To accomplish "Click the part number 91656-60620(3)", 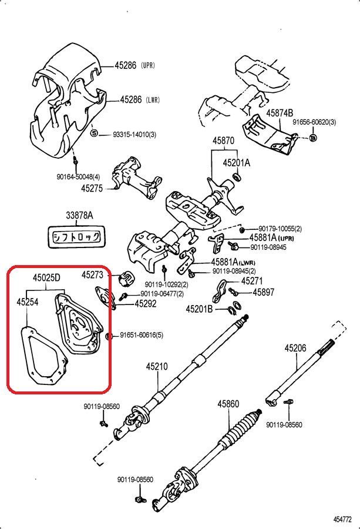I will pyautogui.click(x=314, y=122).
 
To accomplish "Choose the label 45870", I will pyautogui.click(x=223, y=141).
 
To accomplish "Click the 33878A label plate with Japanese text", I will pyautogui.click(x=72, y=236).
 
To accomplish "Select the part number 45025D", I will pyautogui.click(x=48, y=277).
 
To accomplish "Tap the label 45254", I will pyautogui.click(x=27, y=302).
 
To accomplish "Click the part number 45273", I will pyautogui.click(x=92, y=274).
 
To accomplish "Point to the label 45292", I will pyautogui.click(x=146, y=304).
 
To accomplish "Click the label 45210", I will pyautogui.click(x=157, y=367).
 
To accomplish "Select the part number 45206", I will pyautogui.click(x=295, y=348).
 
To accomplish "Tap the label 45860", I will pyautogui.click(x=228, y=404).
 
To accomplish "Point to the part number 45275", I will pyautogui.click(x=92, y=189).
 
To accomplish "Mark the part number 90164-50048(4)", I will pyautogui.click(x=78, y=176).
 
